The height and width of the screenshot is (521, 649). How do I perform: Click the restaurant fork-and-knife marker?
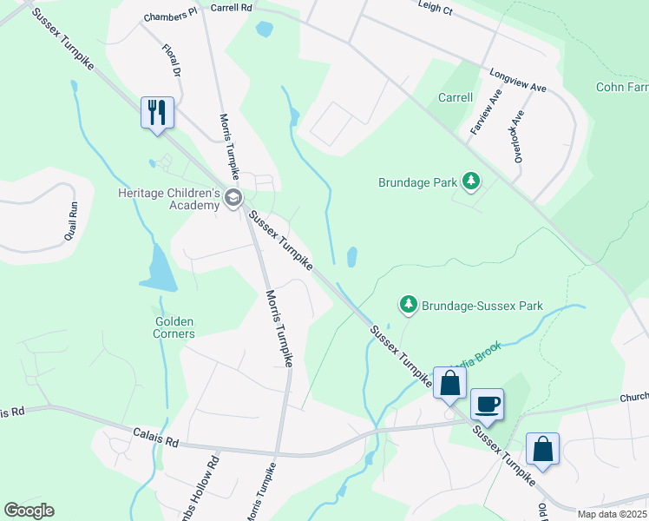tap(157, 113)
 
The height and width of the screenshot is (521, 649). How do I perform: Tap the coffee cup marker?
tap(487, 405)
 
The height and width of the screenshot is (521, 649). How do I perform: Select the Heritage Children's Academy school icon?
tap(233, 199)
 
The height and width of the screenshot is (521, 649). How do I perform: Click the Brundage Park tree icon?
tap(470, 181)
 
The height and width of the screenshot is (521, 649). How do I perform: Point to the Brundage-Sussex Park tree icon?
tap(408, 305)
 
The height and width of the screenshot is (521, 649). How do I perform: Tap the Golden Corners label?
tap(174, 326)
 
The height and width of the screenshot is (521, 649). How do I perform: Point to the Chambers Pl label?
tap(171, 16)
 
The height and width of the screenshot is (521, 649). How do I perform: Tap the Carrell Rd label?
tap(231, 7)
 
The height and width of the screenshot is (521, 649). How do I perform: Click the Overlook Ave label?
tap(518, 135)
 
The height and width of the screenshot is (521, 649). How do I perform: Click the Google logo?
tap(29, 511)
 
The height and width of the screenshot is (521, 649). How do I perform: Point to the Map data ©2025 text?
tap(613, 514)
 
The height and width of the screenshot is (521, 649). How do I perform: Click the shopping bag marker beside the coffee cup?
tap(449, 382)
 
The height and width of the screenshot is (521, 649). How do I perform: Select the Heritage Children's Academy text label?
tap(170, 199)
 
